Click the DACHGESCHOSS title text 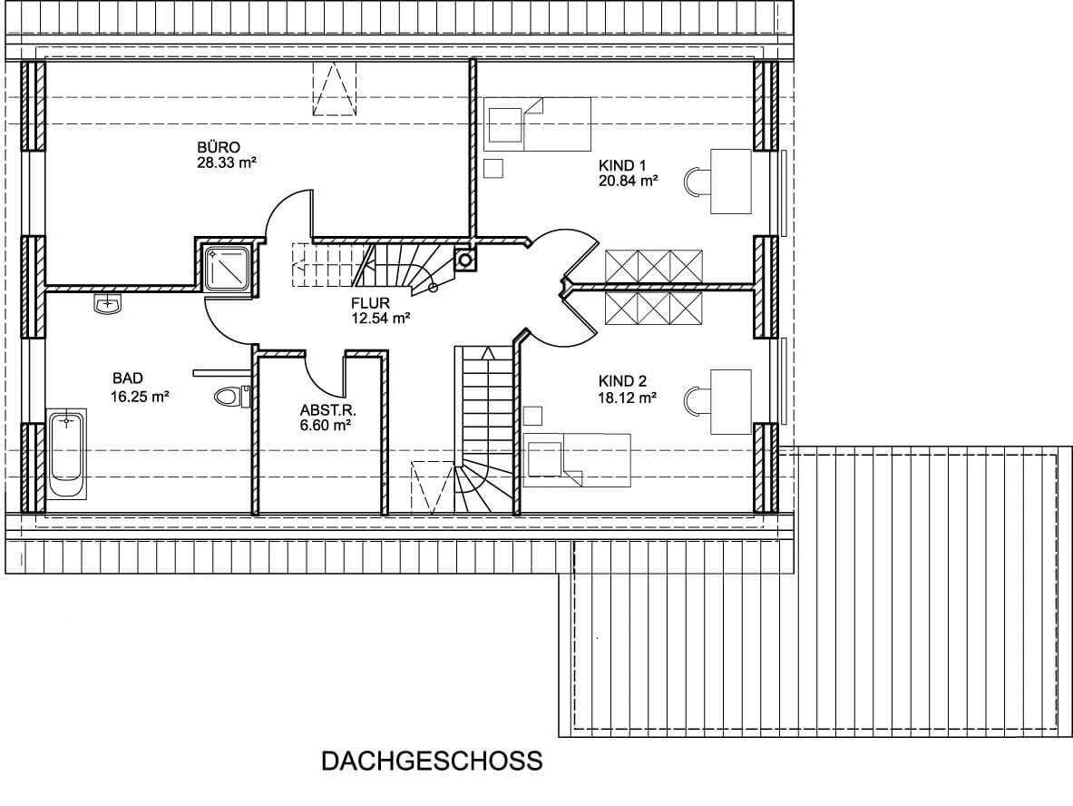pyautogui.click(x=432, y=761)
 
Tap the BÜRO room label pyautogui.click(x=219, y=147)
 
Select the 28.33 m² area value pyautogui.click(x=226, y=163)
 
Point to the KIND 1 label pyautogui.click(x=622, y=165)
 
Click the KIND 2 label pyautogui.click(x=623, y=381)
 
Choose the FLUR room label pyautogui.click(x=370, y=303)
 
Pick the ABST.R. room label pyautogui.click(x=327, y=410)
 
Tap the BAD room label pyautogui.click(x=128, y=378)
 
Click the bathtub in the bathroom pyautogui.click(x=66, y=453)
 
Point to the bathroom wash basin pyautogui.click(x=107, y=303)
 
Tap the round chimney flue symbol pyautogui.click(x=465, y=260)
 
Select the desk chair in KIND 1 pyautogui.click(x=697, y=182)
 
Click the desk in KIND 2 pyautogui.click(x=731, y=401)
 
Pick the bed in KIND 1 pyautogui.click(x=537, y=124)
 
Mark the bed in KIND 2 pyautogui.click(x=577, y=459)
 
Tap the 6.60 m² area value pyautogui.click(x=325, y=426)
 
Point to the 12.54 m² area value pyautogui.click(x=380, y=318)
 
